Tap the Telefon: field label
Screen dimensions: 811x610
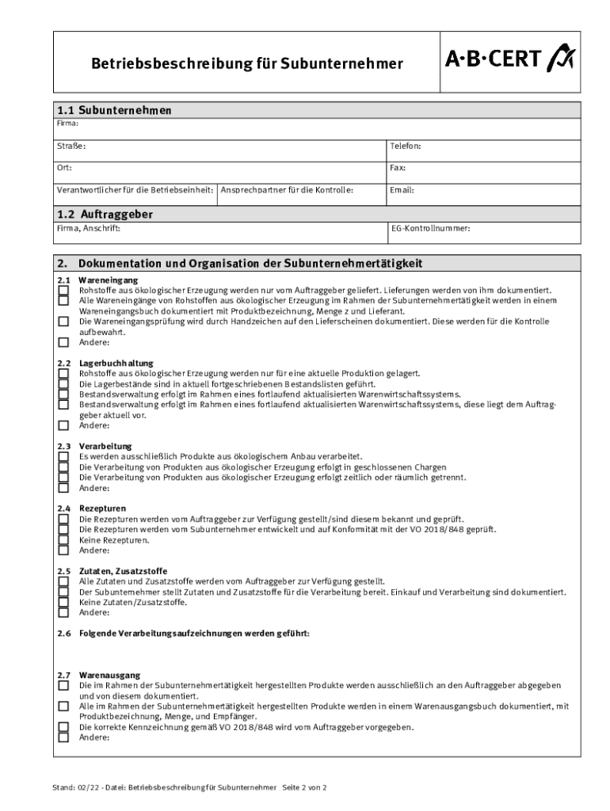tap(405, 146)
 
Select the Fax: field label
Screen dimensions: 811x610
tap(397, 168)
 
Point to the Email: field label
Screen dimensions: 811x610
tap(402, 190)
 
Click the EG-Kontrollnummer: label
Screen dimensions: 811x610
tap(430, 228)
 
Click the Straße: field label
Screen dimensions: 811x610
tap(71, 146)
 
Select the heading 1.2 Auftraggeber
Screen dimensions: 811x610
tap(105, 214)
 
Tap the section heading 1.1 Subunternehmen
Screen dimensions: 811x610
tap(114, 110)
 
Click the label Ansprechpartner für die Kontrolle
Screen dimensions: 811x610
tap(287, 190)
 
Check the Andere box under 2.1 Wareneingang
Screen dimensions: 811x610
tap(63, 343)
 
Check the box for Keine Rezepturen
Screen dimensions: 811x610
tap(63, 540)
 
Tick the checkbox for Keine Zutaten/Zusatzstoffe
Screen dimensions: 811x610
tap(63, 602)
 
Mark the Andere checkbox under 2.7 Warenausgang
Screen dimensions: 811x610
tap(63, 737)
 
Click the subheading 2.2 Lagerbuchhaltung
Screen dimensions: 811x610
tap(105, 363)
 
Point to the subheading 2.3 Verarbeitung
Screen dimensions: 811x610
tap(94, 447)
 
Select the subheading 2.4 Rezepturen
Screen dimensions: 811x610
tap(91, 508)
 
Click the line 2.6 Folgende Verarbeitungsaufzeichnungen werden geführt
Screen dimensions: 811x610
tap(183, 634)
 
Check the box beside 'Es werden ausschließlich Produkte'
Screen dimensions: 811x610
tap(63, 457)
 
